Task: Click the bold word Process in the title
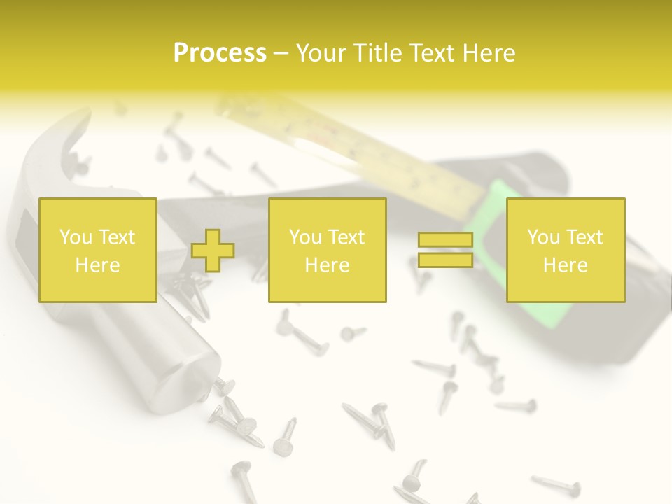tap(220, 53)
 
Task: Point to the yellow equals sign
tap(445, 250)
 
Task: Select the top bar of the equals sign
tap(445, 240)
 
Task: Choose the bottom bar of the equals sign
tap(445, 260)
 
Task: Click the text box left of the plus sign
tap(97, 250)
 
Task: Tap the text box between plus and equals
tap(327, 250)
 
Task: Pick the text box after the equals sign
tap(565, 250)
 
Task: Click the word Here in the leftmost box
tap(97, 265)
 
